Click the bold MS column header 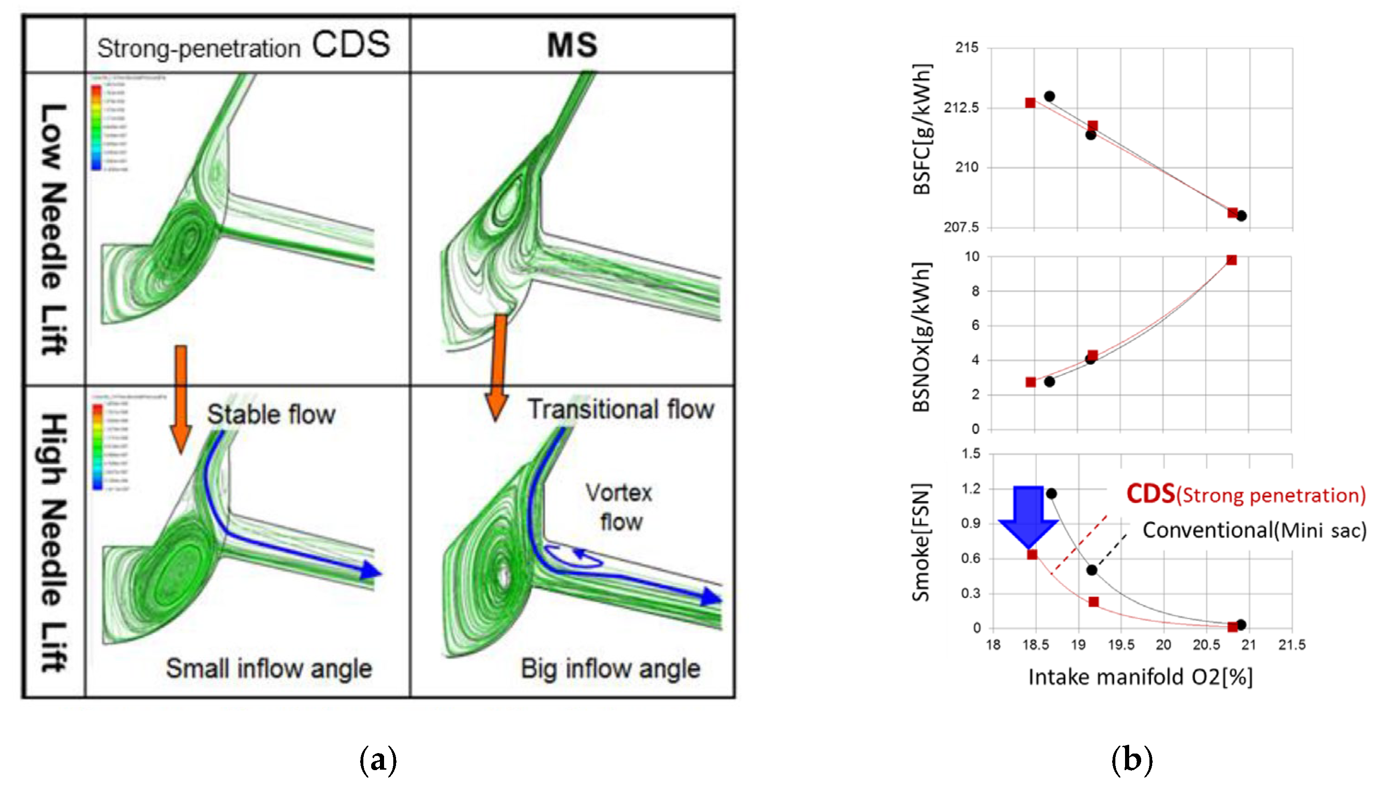coord(572,45)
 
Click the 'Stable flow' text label coord(271,415)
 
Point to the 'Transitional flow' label coord(621,409)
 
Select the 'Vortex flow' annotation coord(619,507)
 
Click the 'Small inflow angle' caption coord(268,668)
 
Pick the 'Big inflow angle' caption coord(610,668)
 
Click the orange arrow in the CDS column coord(181,398)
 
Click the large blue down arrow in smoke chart coord(1028,516)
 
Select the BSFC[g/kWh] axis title coord(922,129)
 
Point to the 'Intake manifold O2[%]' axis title coord(1140,677)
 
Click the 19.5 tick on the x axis coord(1121,645)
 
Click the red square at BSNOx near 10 coord(1231,260)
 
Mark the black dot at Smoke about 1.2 coord(1051,494)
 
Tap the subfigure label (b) coord(1131,760)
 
